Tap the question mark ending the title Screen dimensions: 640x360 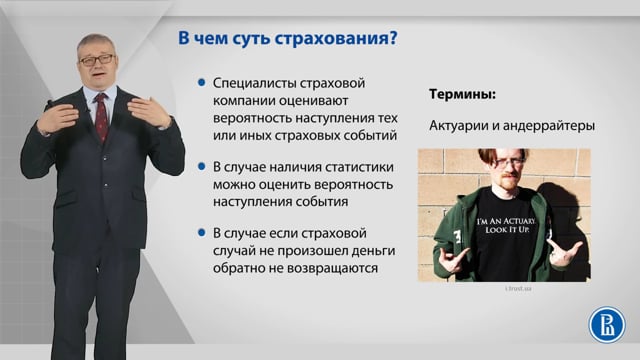click(x=392, y=38)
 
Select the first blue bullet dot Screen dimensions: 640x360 click(x=201, y=83)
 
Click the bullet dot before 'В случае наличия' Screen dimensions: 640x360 click(x=201, y=167)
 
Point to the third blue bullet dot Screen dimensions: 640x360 click(x=201, y=233)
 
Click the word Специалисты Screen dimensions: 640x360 click(x=254, y=84)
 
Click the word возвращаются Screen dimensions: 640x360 click(x=332, y=269)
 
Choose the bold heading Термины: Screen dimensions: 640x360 click(x=462, y=95)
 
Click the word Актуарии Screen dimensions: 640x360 click(x=459, y=126)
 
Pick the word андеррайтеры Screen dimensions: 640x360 click(x=549, y=126)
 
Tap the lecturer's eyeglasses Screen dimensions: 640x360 click(x=97, y=60)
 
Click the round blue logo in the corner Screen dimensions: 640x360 click(x=607, y=325)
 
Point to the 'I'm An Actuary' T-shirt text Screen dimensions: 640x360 click(x=506, y=225)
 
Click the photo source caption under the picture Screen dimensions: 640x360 click(x=518, y=289)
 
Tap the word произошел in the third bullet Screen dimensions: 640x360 click(x=309, y=251)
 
